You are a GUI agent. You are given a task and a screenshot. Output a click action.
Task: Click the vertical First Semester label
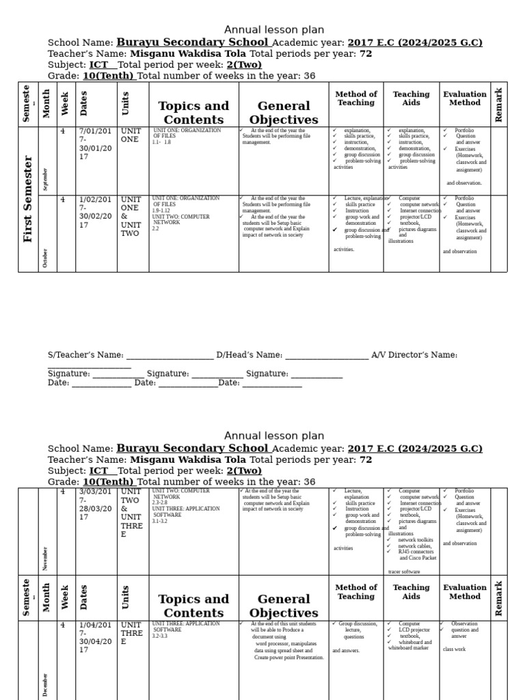coord(28,199)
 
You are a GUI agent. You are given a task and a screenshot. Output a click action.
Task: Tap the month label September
coord(46,179)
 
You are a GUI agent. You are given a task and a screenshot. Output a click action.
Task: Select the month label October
coord(46,258)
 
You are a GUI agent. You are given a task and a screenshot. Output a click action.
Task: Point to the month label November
coord(46,558)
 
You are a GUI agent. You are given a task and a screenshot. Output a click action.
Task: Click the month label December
coord(46,684)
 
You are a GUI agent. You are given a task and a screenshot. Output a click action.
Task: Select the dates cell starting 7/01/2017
coord(96,143)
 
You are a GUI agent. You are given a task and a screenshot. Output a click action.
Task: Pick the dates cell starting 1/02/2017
coord(96,212)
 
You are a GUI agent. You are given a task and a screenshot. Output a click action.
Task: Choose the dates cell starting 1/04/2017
coord(96,637)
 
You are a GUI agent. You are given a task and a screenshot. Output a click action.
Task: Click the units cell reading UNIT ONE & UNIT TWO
coord(132,216)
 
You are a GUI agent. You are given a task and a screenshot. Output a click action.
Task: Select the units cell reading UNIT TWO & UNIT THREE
coord(132,513)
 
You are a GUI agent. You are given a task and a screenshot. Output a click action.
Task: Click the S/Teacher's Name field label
coord(85,355)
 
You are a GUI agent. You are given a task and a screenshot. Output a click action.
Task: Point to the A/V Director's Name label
coord(414,355)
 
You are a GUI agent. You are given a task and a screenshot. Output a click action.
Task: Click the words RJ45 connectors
coord(416,552)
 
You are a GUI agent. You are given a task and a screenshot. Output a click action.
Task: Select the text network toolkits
coord(415,539)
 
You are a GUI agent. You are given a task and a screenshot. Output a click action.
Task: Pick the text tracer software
coord(404,571)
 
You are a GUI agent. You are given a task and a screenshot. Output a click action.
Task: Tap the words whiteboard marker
coord(408,648)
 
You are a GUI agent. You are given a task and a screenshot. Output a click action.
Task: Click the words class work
coord(454,649)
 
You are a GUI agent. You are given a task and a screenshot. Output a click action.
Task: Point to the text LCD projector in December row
coord(414,630)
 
